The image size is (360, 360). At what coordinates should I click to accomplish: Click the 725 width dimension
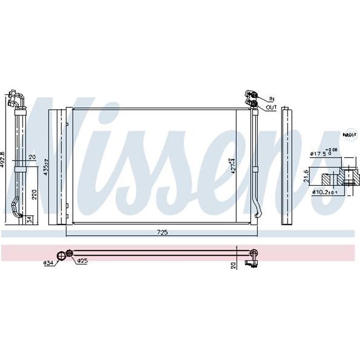click(x=162, y=232)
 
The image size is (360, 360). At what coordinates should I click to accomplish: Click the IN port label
click(x=272, y=98)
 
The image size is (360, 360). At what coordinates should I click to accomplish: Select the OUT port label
click(x=271, y=108)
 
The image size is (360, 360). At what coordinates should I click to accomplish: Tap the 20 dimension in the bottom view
click(x=234, y=265)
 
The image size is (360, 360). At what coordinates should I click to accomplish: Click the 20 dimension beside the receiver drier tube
click(x=31, y=157)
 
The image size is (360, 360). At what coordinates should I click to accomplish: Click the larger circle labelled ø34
click(x=61, y=255)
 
